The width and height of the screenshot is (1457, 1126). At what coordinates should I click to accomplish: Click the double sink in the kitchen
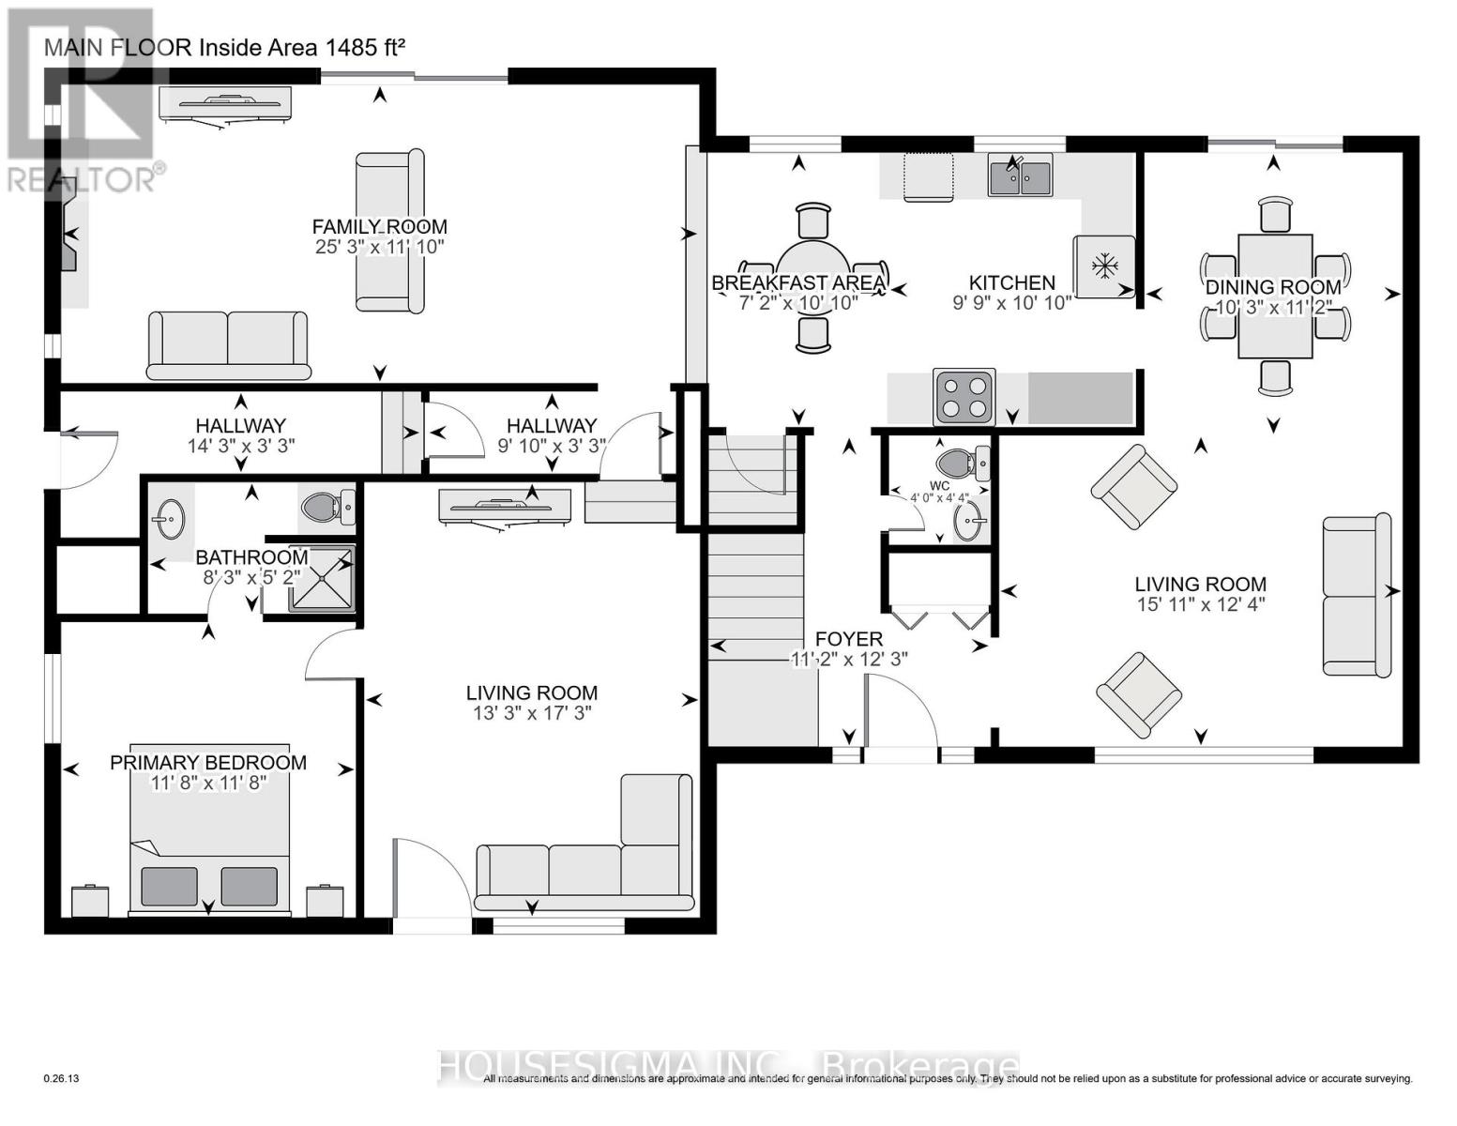coord(1020,177)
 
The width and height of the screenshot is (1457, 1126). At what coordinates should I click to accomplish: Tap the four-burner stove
coord(964,397)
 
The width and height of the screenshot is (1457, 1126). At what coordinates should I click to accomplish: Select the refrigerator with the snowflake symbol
coord(1104,266)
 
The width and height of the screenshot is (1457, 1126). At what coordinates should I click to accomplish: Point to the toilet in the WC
coord(963,463)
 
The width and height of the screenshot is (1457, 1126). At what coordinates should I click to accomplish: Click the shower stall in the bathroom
coord(321,579)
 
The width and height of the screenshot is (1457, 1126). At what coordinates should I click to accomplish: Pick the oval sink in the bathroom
coord(170,519)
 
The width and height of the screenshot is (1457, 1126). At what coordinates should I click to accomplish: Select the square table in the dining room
coord(1274,296)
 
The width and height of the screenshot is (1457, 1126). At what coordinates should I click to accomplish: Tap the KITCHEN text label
coord(1011,282)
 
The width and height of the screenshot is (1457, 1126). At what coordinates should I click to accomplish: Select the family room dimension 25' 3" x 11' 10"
coord(379,247)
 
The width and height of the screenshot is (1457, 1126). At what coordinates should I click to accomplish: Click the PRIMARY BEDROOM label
coord(208,762)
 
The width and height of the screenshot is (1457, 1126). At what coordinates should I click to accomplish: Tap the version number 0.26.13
coord(62,1079)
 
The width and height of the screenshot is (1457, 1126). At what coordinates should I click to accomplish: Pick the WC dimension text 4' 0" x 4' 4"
coord(939,498)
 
